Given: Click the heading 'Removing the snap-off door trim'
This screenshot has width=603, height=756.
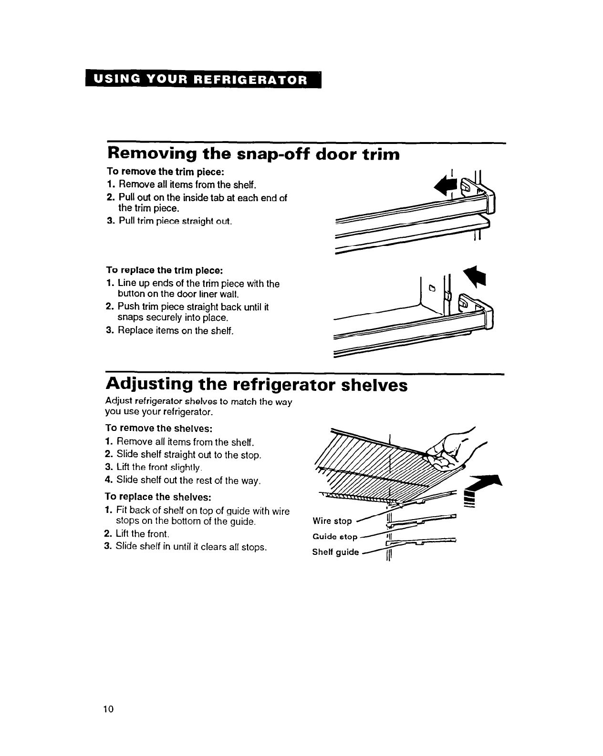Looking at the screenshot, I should coord(253,154).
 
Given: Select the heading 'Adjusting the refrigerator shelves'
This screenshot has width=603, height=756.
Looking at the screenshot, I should coord(257,384).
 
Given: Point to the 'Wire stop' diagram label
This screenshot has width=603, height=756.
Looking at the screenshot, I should coord(332,521).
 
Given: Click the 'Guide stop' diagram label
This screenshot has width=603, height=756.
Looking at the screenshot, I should coord(334,537).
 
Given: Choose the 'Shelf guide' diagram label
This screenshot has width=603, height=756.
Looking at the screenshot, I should coord(335,552).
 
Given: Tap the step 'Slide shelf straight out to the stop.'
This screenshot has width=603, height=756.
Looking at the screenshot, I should coord(188,455).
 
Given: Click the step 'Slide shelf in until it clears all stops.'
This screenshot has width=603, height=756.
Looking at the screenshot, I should coord(191,547).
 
